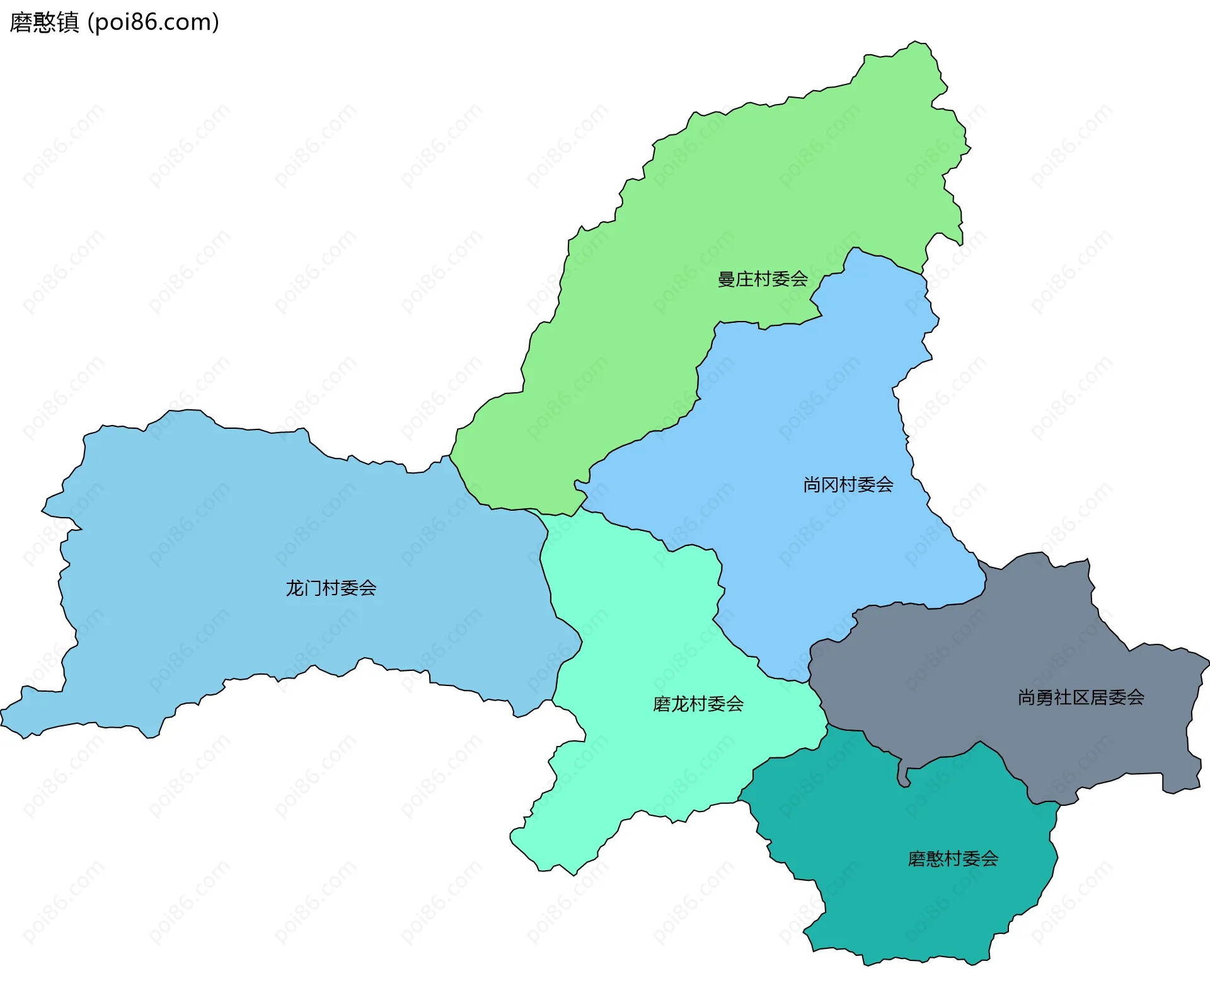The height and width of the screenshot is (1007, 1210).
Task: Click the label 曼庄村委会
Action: [x=763, y=279]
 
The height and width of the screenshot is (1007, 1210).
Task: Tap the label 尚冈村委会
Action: [x=848, y=484]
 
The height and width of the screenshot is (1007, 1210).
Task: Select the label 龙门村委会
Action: [x=331, y=588]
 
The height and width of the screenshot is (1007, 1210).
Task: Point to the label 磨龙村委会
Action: [x=698, y=704]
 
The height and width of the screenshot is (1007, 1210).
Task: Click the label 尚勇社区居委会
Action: [x=1081, y=697]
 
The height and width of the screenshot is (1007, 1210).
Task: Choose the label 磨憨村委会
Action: [x=953, y=858]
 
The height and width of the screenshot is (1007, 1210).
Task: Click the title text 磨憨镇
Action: [x=44, y=22]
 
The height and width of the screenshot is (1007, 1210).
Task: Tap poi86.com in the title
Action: [x=153, y=22]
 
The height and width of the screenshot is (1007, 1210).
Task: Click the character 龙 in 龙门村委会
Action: [x=295, y=588]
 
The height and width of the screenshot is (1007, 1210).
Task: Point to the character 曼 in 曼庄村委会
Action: [x=727, y=279]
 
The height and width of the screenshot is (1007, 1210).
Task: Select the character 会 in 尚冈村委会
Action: [x=885, y=484]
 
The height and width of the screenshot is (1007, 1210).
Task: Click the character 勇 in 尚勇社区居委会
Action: [x=1045, y=697]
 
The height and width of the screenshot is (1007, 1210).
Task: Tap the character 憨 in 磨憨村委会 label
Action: [x=935, y=858]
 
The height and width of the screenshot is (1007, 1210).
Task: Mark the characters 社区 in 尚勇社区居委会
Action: [x=1072, y=697]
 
